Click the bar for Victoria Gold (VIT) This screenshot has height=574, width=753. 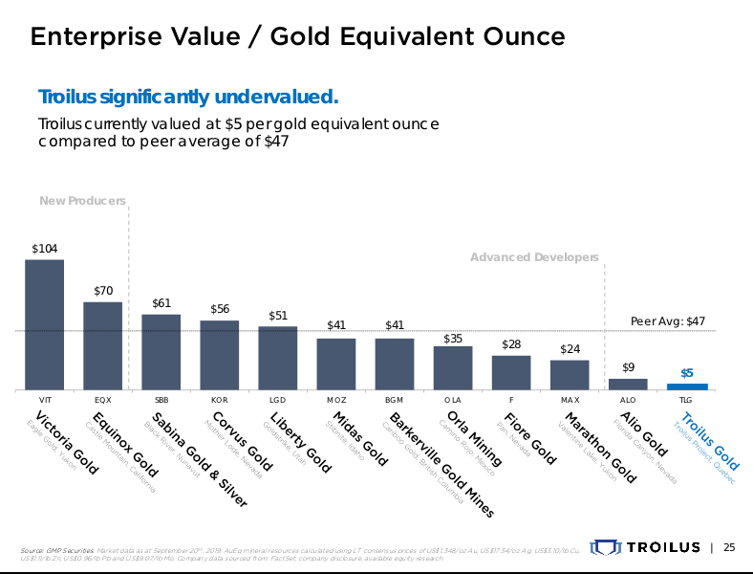pos(44,325)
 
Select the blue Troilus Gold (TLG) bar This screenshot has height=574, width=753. pos(686,386)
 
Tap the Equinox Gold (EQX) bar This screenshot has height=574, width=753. pos(102,346)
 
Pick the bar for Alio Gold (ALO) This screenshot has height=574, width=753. pos(628,384)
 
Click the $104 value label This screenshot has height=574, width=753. pos(44,249)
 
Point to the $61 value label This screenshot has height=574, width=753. pos(161,303)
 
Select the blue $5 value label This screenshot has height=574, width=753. pos(686,373)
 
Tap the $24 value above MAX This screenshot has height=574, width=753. pos(570,349)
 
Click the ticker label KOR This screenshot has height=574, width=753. pos(219,399)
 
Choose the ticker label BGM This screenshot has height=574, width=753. pos(394,399)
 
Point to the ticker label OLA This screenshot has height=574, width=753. pos(453,399)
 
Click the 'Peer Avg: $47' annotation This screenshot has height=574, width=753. pos(668,321)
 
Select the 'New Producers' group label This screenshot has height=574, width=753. pos(83,200)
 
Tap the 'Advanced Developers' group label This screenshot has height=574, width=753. pos(534,257)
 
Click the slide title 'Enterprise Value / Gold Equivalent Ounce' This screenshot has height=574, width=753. pos(297,37)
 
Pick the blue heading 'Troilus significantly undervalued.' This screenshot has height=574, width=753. pos(188,98)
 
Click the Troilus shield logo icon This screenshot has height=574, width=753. pos(606,547)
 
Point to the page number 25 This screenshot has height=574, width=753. pos(729,547)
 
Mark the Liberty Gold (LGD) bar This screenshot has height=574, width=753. pos(277,359)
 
